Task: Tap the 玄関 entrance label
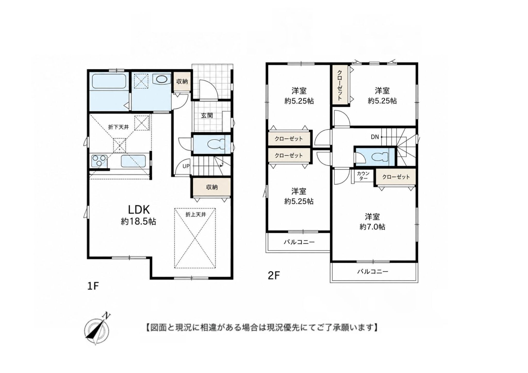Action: click(x=207, y=115)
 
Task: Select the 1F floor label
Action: click(x=93, y=286)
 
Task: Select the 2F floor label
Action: click(x=274, y=276)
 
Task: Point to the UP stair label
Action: click(x=186, y=166)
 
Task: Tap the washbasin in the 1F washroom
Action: click(x=161, y=79)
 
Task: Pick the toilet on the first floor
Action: click(x=217, y=144)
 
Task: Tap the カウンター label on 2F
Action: click(x=363, y=176)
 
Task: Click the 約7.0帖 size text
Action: click(x=372, y=227)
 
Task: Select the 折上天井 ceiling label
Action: click(x=196, y=214)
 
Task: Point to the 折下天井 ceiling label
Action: click(x=118, y=127)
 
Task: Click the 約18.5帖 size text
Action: click(x=138, y=221)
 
